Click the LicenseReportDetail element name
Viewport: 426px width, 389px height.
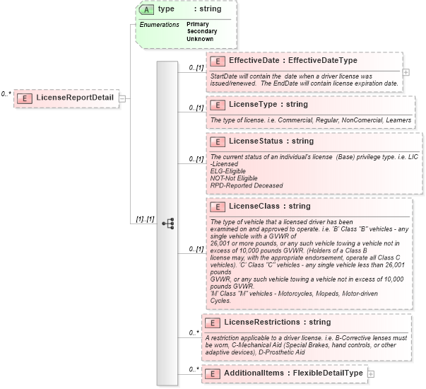click(75, 97)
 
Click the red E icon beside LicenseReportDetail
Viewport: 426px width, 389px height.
click(24, 97)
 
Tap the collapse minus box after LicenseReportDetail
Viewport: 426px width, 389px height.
click(122, 98)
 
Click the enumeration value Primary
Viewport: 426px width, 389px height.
click(197, 24)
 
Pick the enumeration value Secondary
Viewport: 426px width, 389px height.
click(201, 31)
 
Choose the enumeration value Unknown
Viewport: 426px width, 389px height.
click(200, 39)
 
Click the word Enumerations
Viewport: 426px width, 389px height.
click(159, 24)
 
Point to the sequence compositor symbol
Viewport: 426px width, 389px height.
click(167, 223)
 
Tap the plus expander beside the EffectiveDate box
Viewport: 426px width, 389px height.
click(406, 71)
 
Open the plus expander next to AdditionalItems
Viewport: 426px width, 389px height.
click(371, 373)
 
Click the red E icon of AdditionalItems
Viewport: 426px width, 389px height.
click(211, 373)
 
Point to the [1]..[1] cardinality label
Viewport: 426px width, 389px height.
click(146, 219)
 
